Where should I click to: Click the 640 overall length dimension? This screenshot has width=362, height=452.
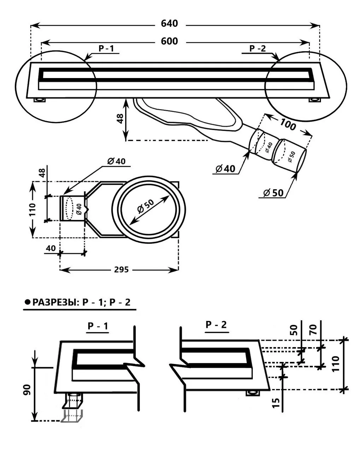coord(169,24)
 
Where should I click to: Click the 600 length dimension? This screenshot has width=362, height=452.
coord(169,41)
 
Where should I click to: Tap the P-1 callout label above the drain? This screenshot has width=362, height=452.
coord(106,49)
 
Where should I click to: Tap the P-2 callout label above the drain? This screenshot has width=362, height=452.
coord(257,48)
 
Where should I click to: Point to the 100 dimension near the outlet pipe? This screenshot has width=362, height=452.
coord(288,125)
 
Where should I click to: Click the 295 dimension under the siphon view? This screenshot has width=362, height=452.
coord(121,270)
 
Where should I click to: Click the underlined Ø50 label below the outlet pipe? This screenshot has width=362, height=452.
coord(273,193)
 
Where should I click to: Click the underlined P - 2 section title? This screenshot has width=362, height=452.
coord(216,325)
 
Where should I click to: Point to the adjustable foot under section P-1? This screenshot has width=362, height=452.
coord(74,406)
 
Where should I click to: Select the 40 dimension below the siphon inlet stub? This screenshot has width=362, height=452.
coord(51,248)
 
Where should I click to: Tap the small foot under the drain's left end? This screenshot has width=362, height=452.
coord(40,100)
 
